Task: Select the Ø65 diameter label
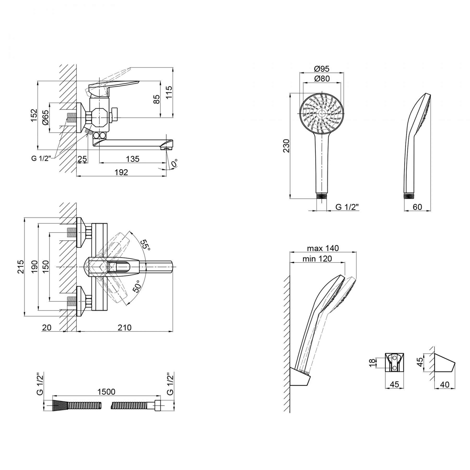45,118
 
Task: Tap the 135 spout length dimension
133,159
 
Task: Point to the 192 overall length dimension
121,172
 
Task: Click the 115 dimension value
169,92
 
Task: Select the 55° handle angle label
145,245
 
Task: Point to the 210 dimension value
124,327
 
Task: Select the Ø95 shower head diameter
322,69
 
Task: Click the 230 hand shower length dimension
286,146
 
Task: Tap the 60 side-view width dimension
417,207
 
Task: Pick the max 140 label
323,248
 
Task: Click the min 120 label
317,258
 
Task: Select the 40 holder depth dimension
445,385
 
